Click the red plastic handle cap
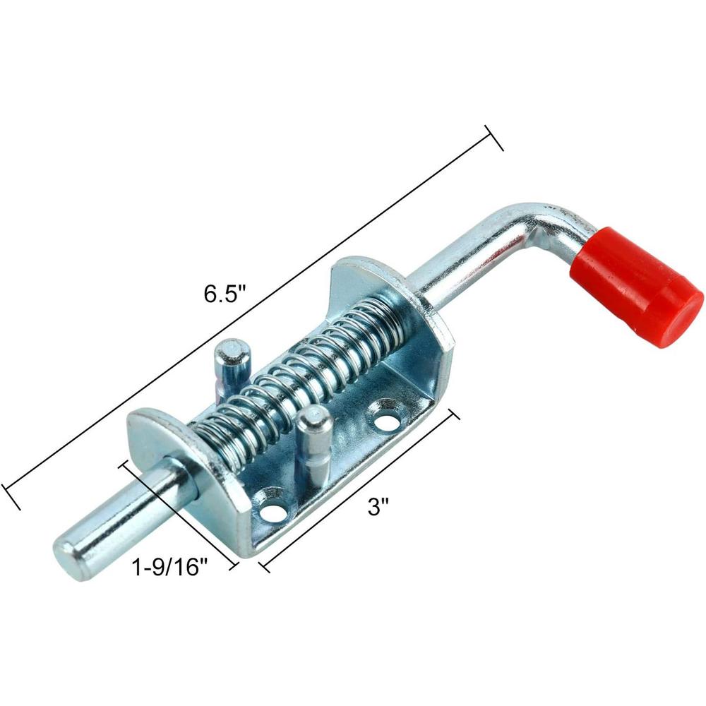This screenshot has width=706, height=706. pyautogui.click(x=642, y=283)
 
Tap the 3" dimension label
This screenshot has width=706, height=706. pyautogui.click(x=378, y=507)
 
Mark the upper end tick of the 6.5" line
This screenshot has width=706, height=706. pyautogui.click(x=493, y=138)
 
